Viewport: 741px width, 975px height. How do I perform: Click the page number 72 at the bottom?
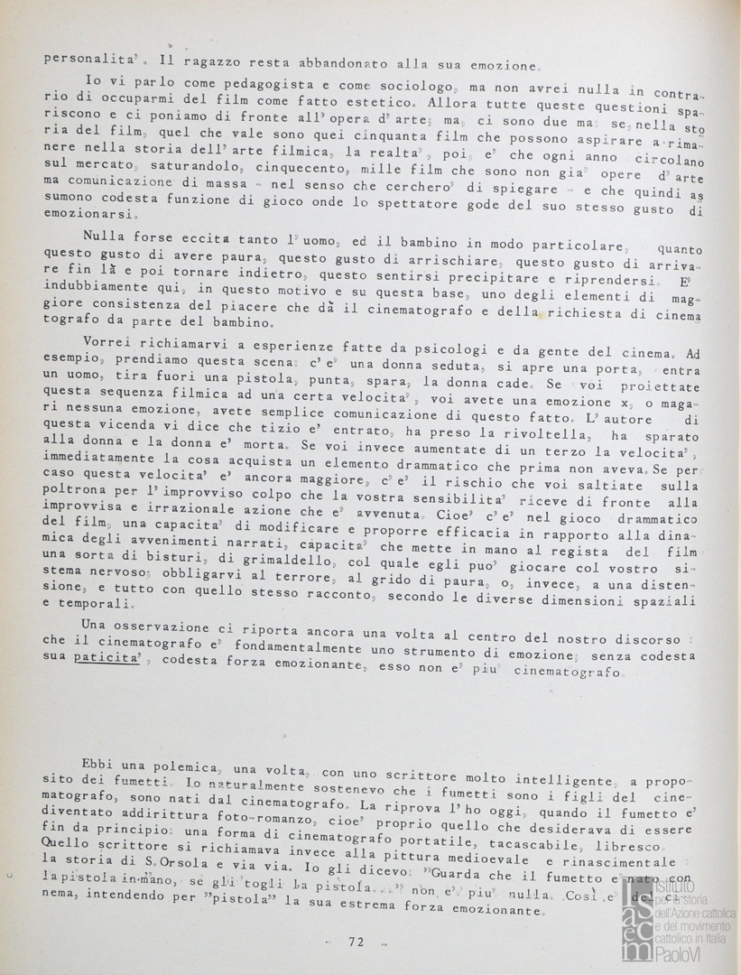[356, 942]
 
